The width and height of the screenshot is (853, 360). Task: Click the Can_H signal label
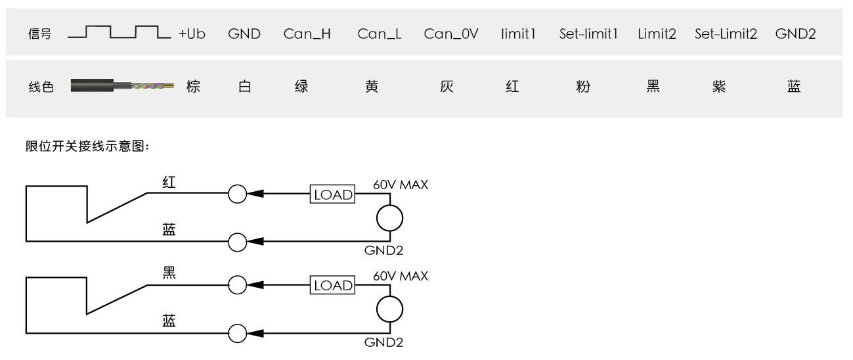307,34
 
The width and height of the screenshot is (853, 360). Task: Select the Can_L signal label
380,34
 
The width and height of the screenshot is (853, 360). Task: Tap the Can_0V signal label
451,34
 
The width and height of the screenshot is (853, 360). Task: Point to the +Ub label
192,34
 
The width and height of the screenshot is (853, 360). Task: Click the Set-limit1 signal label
588,34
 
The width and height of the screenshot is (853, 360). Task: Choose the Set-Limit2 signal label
726,34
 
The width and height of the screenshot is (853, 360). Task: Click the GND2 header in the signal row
795,34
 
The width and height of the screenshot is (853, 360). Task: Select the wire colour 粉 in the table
583,87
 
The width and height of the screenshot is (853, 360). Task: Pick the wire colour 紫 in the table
719,87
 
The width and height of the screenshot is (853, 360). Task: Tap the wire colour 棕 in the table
193,87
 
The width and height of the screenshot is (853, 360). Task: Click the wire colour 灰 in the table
447,87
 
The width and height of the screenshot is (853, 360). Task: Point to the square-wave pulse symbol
120,32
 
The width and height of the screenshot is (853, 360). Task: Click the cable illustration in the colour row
122,85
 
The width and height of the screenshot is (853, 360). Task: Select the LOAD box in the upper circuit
332,194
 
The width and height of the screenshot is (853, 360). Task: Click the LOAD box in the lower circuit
332,285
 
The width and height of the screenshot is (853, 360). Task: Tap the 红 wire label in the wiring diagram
169,182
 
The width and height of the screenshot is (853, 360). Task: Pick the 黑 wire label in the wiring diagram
169,273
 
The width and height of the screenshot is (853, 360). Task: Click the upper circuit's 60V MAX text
401,185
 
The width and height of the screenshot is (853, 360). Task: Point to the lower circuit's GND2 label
384,342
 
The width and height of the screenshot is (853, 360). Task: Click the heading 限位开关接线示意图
87,146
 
